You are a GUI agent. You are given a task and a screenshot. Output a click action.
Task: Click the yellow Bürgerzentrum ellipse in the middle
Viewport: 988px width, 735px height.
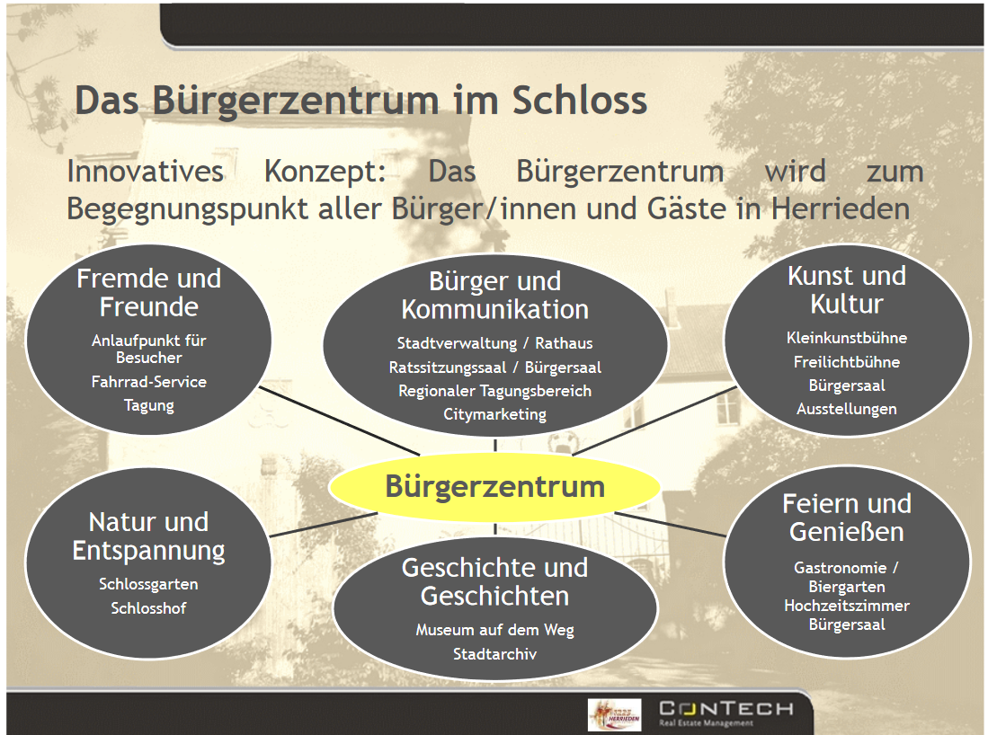pos(494,487)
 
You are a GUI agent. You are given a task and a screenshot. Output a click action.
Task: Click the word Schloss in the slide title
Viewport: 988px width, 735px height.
pos(580,100)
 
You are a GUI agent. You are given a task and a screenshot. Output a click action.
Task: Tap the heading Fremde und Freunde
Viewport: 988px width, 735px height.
pos(148,292)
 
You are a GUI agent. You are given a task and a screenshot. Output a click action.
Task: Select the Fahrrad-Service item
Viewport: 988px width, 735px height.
pos(148,382)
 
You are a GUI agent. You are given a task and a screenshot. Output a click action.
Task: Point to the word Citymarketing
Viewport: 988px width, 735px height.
pos(494,414)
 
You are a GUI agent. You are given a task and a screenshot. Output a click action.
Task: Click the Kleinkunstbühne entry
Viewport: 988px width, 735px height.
pos(847,338)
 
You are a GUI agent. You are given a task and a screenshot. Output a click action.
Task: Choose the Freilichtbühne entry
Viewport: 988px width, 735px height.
pos(847,362)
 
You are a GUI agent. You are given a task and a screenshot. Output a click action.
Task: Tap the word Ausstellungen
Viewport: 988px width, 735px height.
pos(847,409)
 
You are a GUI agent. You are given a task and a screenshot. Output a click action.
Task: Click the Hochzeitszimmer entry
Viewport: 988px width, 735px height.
pos(847,606)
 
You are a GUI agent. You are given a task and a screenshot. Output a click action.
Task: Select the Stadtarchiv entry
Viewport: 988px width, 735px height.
pos(494,654)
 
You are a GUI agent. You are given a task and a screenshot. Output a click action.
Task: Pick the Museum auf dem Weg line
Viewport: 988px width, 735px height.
pos(494,630)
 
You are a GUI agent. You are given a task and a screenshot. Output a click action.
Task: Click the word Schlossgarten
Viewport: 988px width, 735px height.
pos(148,584)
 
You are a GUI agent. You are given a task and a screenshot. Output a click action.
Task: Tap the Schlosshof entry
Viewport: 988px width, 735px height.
pos(148,607)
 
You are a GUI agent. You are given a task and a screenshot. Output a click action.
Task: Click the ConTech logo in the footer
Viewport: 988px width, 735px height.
pos(725,713)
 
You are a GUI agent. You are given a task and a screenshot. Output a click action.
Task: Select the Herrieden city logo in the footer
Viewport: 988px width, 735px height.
pos(614,715)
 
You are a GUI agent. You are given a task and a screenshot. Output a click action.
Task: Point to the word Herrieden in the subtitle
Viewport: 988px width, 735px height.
pos(841,208)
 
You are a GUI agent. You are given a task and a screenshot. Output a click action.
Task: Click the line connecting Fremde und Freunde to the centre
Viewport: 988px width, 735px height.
pos(340,421)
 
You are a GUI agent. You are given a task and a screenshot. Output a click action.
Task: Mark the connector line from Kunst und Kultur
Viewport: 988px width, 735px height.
pos(654,421)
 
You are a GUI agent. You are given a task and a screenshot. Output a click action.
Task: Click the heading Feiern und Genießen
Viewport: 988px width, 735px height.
pos(847,518)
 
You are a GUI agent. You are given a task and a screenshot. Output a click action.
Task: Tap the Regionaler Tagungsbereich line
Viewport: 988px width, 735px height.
pos(494,391)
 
